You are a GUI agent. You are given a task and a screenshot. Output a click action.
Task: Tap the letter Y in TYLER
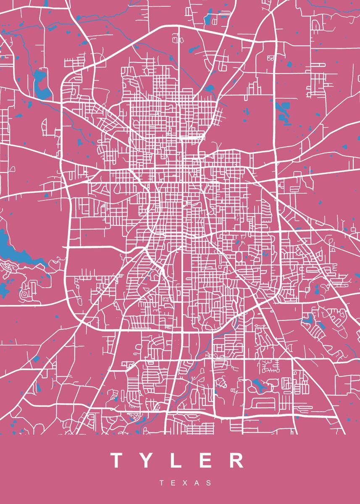[x=147, y=460]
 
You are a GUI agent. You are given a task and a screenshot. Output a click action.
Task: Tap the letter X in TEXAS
[x=186, y=483]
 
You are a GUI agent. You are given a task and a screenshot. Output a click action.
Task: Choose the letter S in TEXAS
[x=209, y=483]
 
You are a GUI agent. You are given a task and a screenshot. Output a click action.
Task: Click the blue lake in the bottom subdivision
[x=257, y=384]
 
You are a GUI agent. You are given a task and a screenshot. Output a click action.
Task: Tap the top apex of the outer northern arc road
[x=179, y=26]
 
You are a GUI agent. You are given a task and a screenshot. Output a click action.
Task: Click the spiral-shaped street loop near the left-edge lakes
[x=25, y=294]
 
